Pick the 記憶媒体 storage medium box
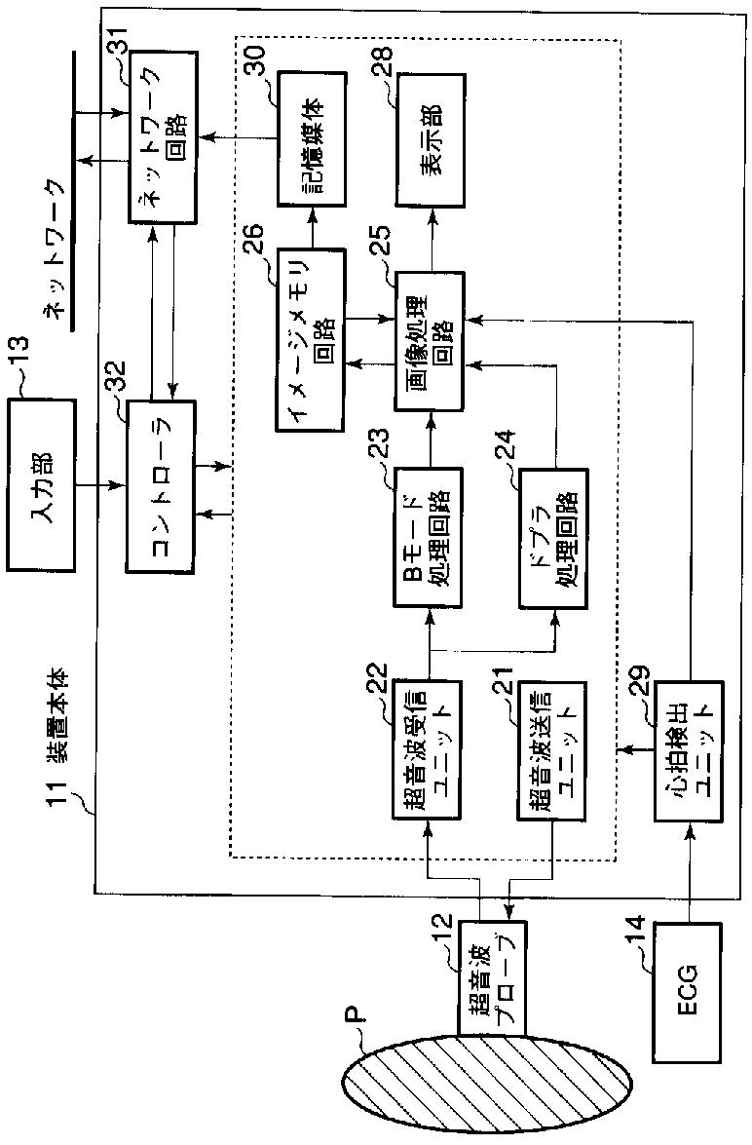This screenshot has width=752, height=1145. (x=312, y=137)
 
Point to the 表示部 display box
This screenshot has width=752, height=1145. (x=431, y=137)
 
